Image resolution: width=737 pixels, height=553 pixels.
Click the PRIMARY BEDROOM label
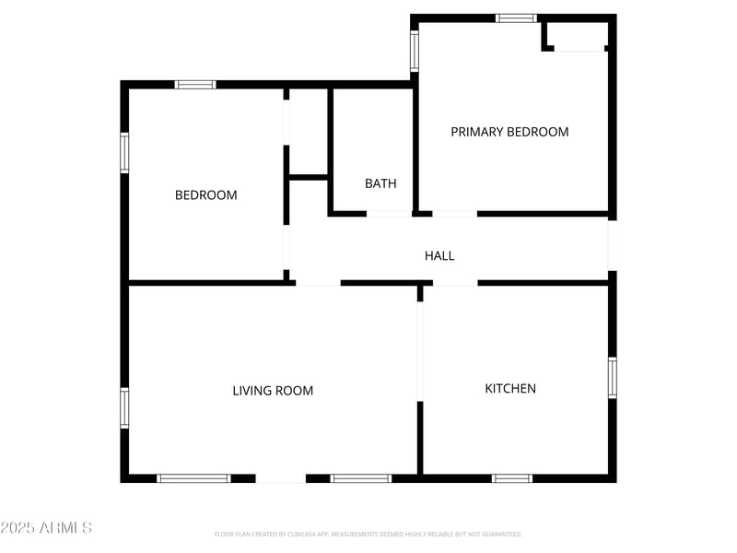(509, 132)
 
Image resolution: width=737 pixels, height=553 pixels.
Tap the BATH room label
(380, 183)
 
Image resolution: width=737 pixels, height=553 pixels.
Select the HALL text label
(439, 255)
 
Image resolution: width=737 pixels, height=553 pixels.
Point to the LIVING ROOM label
(273, 391)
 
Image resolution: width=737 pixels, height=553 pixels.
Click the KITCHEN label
(510, 388)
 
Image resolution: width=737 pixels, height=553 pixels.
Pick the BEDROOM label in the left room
(205, 194)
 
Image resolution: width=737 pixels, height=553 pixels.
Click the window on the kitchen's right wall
(612, 378)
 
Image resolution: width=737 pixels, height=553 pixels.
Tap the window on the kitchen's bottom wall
(512, 478)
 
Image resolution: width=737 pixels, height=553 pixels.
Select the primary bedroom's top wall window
(516, 18)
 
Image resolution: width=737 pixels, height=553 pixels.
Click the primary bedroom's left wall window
(415, 52)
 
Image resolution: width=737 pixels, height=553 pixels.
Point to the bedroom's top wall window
(195, 85)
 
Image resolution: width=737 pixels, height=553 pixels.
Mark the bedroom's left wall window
(124, 153)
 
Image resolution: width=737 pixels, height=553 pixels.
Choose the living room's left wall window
(124, 407)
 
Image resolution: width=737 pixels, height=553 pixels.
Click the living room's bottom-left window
(193, 478)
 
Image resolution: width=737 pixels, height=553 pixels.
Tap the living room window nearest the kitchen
(361, 478)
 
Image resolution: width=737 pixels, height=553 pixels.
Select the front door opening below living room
(280, 478)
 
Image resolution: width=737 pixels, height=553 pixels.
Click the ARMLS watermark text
(46, 528)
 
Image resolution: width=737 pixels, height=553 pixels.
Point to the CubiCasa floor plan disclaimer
(368, 534)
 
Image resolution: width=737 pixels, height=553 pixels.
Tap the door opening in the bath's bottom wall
(389, 214)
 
